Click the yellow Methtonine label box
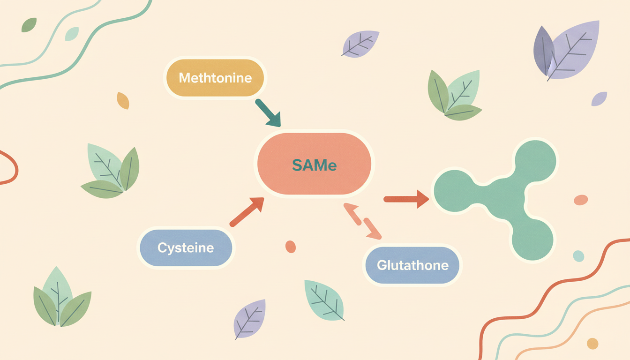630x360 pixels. click(215, 77)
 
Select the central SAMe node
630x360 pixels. click(314, 164)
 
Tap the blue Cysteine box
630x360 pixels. click(186, 248)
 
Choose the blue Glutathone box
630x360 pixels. click(412, 265)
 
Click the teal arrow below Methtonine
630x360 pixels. click(268, 113)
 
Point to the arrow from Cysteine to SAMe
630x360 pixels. click(247, 211)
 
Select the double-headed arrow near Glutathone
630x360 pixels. click(362, 221)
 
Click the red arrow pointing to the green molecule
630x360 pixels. click(406, 199)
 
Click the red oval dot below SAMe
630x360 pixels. click(291, 247)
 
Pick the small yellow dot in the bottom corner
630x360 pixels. click(592, 344)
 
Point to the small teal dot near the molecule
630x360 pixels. click(578, 256)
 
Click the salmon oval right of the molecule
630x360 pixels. click(581, 200)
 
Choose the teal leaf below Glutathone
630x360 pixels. click(324, 300)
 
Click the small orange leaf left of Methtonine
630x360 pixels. click(123, 100)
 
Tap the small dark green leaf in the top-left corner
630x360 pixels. click(29, 25)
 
